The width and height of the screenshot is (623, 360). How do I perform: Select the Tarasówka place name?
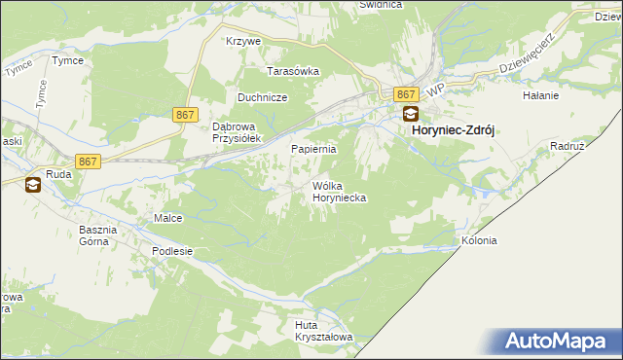pos(294,71)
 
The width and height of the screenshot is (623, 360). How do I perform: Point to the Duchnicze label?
pos(261,97)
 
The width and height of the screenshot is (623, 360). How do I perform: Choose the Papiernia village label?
pos(314,149)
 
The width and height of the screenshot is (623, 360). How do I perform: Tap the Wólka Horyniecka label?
pos(338,192)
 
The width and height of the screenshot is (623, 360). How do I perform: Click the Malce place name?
pos(168,218)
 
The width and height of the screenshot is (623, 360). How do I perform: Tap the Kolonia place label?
pos(479,240)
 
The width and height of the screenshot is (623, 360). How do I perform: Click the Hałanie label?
pos(540,95)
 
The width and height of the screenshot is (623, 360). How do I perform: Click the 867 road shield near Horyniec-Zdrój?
pos(408,93)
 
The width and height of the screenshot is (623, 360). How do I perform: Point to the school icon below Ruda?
pos(32,185)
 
